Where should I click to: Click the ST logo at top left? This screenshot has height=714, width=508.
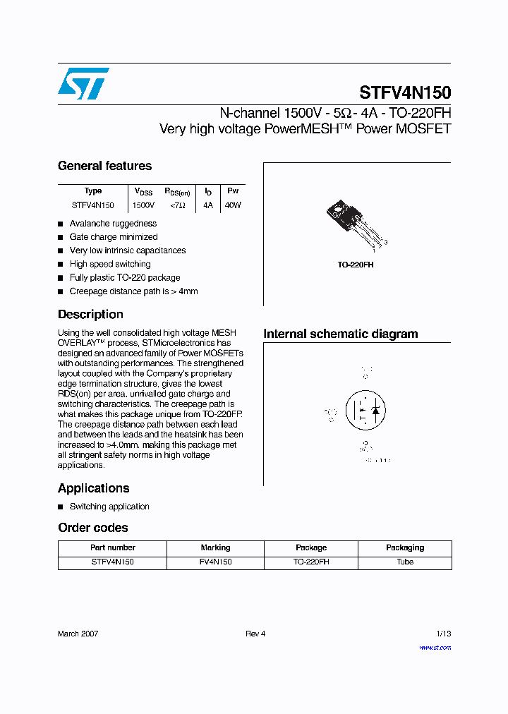[83, 83]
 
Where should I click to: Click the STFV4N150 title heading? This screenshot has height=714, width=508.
[405, 92]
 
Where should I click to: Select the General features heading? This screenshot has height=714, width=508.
[104, 166]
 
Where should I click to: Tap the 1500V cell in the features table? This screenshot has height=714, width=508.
[143, 205]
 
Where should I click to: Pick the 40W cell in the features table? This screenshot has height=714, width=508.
[232, 205]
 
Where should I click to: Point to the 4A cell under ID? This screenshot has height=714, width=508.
[207, 205]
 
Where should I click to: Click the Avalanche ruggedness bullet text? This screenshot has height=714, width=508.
[113, 224]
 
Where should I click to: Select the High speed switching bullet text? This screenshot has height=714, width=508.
[110, 264]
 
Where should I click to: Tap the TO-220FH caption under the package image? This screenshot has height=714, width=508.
[355, 265]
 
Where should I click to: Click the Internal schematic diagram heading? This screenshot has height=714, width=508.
[340, 334]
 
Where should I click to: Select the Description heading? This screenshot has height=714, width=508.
[90, 315]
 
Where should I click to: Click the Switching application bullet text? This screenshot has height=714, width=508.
[109, 507]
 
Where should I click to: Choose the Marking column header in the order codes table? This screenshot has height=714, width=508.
[215, 547]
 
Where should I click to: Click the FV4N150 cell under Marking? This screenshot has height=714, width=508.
[215, 562]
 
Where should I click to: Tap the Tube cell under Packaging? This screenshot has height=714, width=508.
[405, 562]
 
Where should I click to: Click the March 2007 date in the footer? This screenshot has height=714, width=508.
[78, 634]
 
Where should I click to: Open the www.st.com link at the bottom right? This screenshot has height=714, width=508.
[435, 648]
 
